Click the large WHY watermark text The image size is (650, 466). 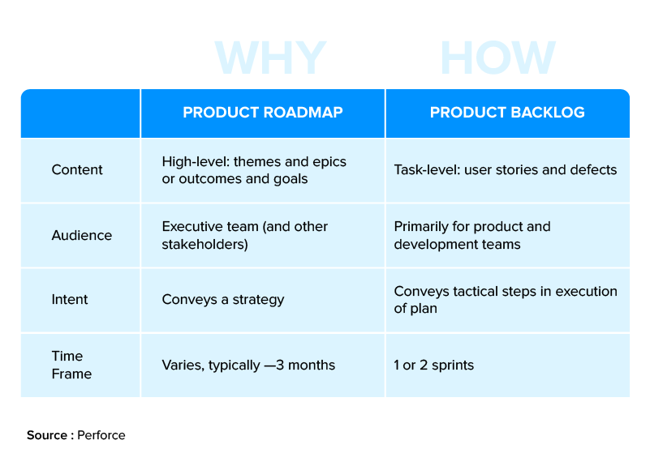(270, 58)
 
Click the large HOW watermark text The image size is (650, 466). (497, 58)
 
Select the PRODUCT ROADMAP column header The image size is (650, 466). (263, 113)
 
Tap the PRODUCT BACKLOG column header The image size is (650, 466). (507, 113)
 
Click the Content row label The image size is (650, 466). (77, 169)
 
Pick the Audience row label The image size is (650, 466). (81, 235)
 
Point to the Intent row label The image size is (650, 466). (70, 299)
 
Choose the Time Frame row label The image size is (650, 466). (71, 365)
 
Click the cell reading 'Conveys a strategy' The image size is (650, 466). (223, 299)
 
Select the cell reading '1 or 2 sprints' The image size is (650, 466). (433, 365)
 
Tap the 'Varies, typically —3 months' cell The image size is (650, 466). (248, 365)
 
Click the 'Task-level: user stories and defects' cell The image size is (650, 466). (506, 169)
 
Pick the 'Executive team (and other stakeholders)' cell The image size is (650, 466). (244, 235)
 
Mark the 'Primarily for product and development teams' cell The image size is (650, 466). (471, 235)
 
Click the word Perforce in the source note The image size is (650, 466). (101, 435)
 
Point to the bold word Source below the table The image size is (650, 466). (46, 435)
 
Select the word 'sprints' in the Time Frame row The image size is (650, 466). (453, 365)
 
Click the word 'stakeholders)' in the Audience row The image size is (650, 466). (204, 244)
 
